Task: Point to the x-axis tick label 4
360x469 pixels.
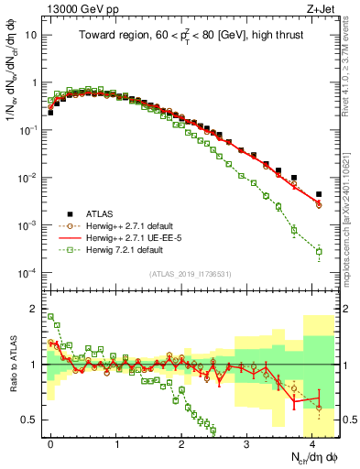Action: point(312,442)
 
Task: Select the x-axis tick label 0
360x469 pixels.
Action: point(50,442)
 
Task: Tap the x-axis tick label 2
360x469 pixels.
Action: point(181,442)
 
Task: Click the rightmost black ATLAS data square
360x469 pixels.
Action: point(319,194)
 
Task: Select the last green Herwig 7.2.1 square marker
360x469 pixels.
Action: point(319,251)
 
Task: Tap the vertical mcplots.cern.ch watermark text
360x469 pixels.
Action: point(347,211)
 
